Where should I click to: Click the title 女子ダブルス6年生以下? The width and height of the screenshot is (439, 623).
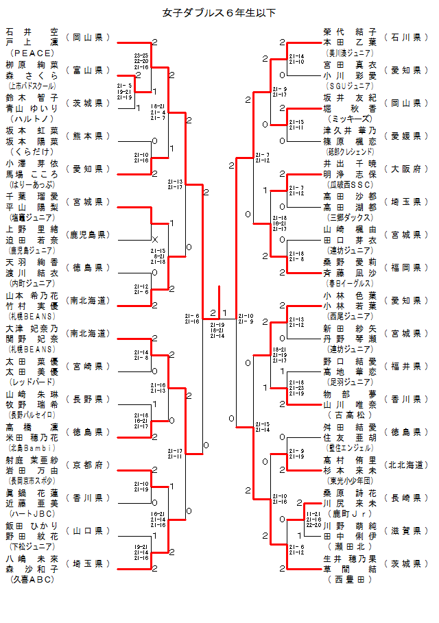click(219, 12)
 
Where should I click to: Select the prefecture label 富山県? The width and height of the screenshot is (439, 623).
click(88, 70)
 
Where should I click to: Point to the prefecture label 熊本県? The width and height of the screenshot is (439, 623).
click(88, 136)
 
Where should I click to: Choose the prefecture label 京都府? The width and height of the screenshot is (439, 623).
click(88, 465)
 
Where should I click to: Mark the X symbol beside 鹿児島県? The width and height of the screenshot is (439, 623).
click(154, 239)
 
